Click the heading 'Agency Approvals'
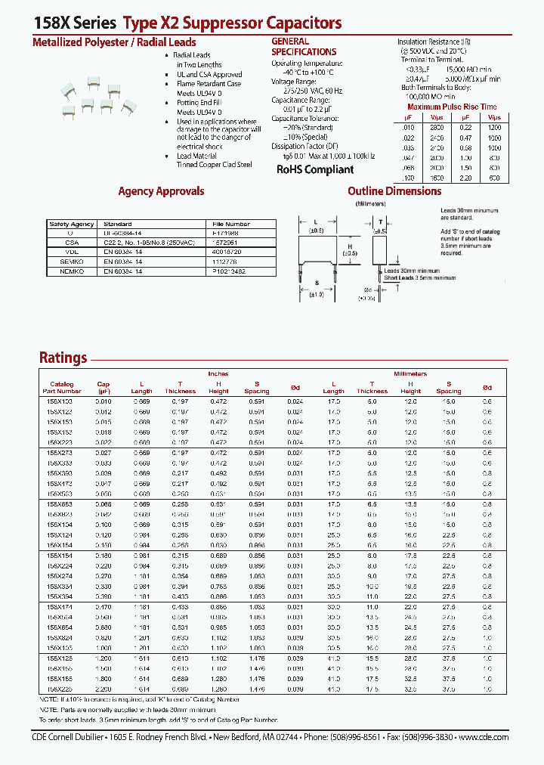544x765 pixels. [161, 191]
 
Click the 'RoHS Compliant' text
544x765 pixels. [314, 169]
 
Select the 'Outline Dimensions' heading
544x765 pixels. [394, 191]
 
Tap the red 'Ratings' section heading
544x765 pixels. [63, 358]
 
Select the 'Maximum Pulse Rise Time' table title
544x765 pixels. [451, 107]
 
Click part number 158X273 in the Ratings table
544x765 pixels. [61, 451]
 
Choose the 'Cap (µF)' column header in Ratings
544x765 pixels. [104, 387]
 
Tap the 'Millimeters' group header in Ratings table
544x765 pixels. [410, 373]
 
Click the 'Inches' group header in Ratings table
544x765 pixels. [218, 373]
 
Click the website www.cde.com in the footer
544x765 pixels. [484, 737]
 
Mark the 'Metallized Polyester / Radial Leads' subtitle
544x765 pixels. [114, 42]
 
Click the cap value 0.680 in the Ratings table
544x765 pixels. [104, 627]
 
